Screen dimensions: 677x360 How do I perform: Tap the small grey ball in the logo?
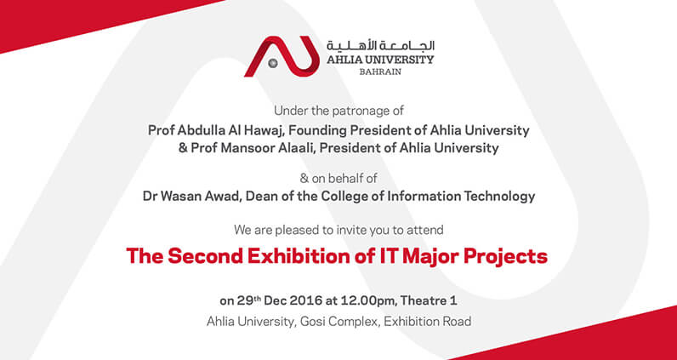point(273,64)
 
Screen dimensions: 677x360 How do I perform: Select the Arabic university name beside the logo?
point(380,46)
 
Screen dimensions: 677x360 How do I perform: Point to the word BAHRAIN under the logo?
point(380,72)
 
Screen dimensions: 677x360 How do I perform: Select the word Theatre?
point(422,301)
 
